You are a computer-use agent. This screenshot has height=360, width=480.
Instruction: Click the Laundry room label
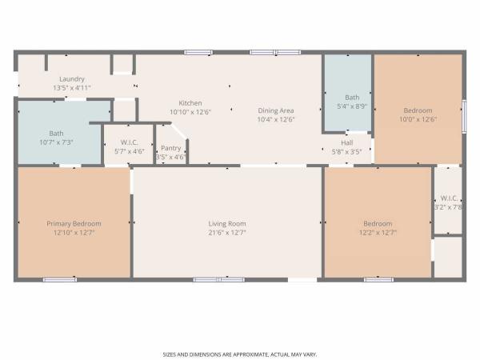[72, 79]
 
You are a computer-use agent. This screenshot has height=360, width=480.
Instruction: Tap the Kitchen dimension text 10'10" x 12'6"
[190, 112]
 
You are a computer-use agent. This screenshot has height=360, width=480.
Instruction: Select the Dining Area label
[276, 110]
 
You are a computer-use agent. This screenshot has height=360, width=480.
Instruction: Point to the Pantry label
[171, 148]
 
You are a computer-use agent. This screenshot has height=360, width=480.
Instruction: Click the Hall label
[347, 142]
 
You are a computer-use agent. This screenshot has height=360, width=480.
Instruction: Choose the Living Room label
[227, 224]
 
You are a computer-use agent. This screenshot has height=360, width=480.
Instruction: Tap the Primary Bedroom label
[74, 224]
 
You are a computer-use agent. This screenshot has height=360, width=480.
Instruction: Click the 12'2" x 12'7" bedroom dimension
[378, 233]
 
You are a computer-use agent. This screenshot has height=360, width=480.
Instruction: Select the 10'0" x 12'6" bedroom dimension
[418, 119]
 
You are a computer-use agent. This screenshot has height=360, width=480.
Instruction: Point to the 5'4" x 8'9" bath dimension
[352, 106]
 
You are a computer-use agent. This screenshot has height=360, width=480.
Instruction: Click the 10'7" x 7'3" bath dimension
[56, 142]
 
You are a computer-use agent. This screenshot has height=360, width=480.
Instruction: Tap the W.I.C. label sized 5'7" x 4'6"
[129, 142]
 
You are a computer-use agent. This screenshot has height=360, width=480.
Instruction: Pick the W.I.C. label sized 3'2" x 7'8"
[449, 198]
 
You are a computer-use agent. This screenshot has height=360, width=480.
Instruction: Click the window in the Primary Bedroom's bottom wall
[60, 279]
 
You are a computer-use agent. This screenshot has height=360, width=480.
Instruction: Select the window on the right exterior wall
[464, 116]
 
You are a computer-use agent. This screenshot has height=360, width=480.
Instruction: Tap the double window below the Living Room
[219, 279]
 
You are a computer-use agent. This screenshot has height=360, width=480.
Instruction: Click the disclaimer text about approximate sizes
[240, 354]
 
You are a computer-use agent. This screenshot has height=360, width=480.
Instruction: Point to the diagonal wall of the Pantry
[180, 131]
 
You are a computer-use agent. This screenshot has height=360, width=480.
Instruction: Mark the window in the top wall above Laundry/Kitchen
[198, 52]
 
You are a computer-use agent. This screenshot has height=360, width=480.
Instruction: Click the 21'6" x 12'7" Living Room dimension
[227, 233]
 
